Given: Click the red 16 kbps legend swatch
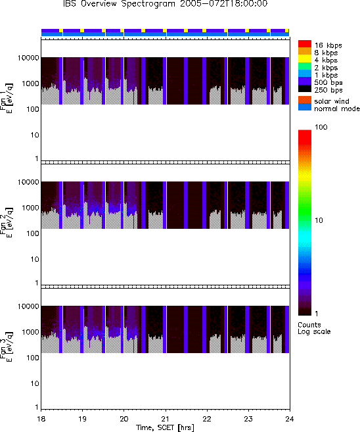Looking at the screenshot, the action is click(305, 44).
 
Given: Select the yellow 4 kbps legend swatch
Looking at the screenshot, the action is click(305, 59).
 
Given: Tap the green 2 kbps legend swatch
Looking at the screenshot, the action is click(305, 66).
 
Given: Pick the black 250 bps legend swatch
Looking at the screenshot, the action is click(305, 89).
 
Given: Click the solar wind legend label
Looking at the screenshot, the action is click(332, 101).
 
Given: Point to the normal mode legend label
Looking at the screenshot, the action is click(337, 108).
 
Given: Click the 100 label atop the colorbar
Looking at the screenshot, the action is click(321, 127).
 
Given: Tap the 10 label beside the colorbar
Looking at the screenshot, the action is click(319, 220).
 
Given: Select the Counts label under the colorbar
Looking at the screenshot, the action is click(309, 325).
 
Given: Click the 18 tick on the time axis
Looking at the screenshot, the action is click(41, 419).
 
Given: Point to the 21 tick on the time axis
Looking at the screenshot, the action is click(166, 419).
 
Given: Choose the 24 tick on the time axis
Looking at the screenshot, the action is click(290, 419).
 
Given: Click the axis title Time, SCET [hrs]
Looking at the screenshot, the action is click(165, 427).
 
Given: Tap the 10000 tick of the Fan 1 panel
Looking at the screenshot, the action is click(28, 58).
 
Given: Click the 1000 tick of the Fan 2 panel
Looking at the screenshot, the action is click(30, 208).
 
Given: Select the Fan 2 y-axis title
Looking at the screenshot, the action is click(6, 223).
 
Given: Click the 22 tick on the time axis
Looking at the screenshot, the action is click(207, 419).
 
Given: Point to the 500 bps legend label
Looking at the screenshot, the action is click(328, 83).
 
